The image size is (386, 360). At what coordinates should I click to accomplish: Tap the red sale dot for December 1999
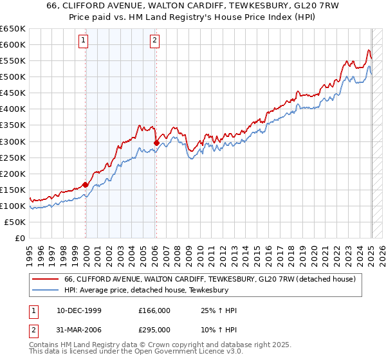point(86,184)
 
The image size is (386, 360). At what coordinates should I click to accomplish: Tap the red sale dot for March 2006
point(156,143)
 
